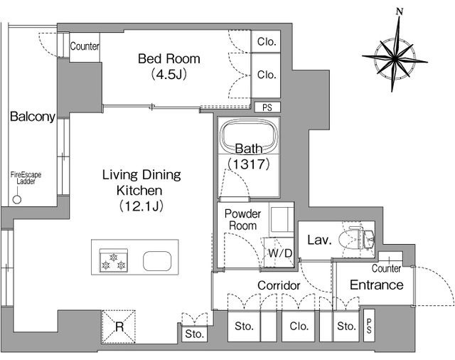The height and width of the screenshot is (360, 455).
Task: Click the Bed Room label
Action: (x=169, y=59)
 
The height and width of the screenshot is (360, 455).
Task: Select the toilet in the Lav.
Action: (x=358, y=238)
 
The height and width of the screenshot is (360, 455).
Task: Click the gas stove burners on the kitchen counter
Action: (x=114, y=260)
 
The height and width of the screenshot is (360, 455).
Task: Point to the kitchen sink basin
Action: (x=157, y=260)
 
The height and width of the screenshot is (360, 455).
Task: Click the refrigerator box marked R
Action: (x=119, y=327)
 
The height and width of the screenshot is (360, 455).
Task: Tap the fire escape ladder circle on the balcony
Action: (x=17, y=199)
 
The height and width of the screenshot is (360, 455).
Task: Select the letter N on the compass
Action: (x=400, y=12)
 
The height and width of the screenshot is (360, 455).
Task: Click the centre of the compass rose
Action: (x=395, y=58)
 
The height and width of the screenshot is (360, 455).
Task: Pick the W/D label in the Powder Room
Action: (x=280, y=253)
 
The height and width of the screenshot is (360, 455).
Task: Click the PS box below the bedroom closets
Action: (x=267, y=107)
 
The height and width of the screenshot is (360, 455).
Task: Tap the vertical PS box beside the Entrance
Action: (x=369, y=326)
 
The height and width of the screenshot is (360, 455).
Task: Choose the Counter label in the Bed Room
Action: (x=85, y=46)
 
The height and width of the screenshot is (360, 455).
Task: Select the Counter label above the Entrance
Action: (x=386, y=268)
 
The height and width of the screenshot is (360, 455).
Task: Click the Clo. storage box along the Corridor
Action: (x=298, y=326)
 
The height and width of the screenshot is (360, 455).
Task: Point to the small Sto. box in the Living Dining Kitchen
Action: (x=194, y=334)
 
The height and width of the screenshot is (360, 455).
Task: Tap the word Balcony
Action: (x=33, y=117)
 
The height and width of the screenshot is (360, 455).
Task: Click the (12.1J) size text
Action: (x=141, y=206)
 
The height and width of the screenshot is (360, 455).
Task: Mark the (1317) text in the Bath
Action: (x=249, y=164)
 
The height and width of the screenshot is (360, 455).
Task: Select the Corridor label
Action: (x=279, y=285)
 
